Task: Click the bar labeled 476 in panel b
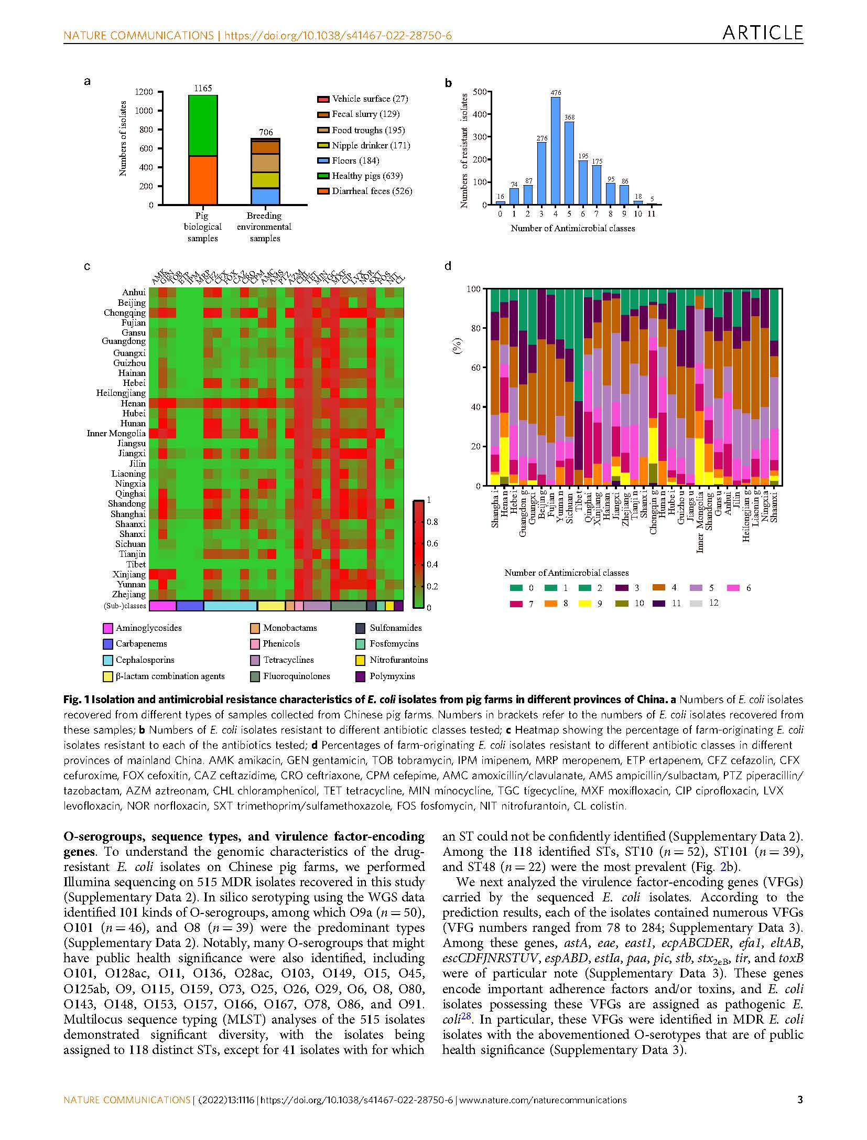(555, 150)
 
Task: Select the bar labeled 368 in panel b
(569, 163)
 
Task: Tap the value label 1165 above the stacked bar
(203, 88)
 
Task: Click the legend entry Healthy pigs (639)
(367, 176)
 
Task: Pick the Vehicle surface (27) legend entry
(370, 99)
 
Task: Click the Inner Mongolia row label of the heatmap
(116, 433)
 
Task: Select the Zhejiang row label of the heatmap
(129, 594)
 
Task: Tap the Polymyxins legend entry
(392, 676)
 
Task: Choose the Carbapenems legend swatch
(108, 644)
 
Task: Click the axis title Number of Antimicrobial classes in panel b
(572, 228)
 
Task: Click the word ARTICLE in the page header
(762, 33)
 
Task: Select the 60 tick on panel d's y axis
(475, 368)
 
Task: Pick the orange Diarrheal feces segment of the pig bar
(203, 180)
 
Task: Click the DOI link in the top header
(338, 36)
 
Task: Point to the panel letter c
(87, 266)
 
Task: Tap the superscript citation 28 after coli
(467, 1017)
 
